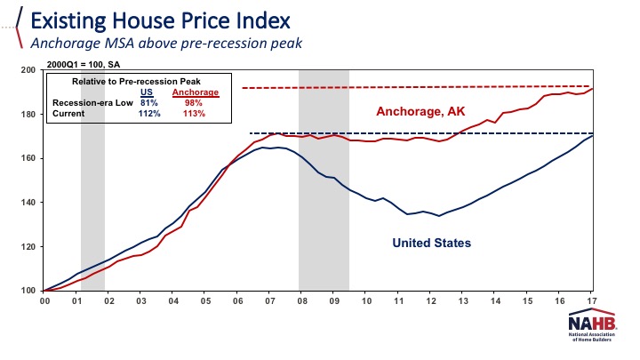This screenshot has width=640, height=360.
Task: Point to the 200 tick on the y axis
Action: click(x=28, y=70)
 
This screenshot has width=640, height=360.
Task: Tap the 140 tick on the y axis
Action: click(x=28, y=203)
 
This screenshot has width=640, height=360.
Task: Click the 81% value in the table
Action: click(x=149, y=103)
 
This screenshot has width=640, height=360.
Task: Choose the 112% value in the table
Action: click(x=149, y=114)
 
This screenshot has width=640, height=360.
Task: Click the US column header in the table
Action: click(x=148, y=92)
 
